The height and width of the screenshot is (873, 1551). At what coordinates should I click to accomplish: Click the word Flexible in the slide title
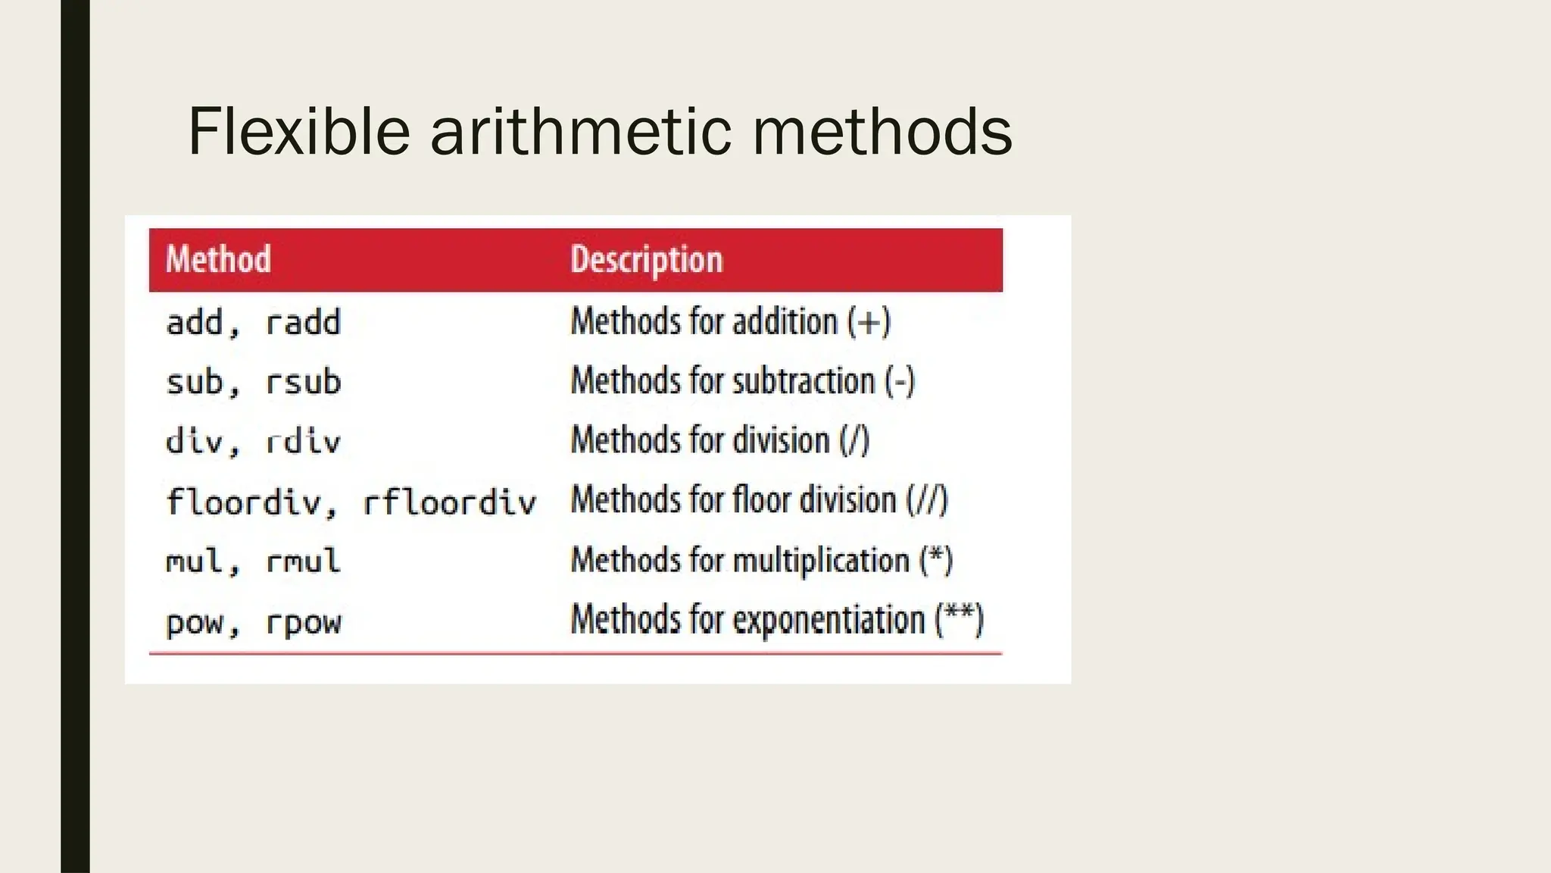[x=298, y=132]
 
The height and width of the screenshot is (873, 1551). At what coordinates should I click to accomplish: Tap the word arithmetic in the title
[x=581, y=132]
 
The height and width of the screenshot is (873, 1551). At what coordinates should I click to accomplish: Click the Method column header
[x=218, y=259]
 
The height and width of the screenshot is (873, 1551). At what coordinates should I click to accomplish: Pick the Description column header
[x=647, y=259]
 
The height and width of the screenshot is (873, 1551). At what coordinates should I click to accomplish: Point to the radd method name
[x=303, y=323]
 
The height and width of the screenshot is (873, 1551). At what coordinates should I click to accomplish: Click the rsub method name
[x=303, y=381]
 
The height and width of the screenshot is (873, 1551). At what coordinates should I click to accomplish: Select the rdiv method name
[x=303, y=441]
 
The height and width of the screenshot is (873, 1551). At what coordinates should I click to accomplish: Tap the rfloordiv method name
[x=449, y=502]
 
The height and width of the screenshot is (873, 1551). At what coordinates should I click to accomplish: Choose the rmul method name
[x=303, y=562]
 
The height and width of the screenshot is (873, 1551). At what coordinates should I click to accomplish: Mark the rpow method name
[x=303, y=622]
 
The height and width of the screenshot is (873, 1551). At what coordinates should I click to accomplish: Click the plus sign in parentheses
[x=868, y=322]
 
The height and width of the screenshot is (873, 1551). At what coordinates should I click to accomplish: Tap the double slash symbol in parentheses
[x=928, y=500]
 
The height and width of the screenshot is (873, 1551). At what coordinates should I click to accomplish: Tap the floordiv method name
[x=244, y=502]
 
